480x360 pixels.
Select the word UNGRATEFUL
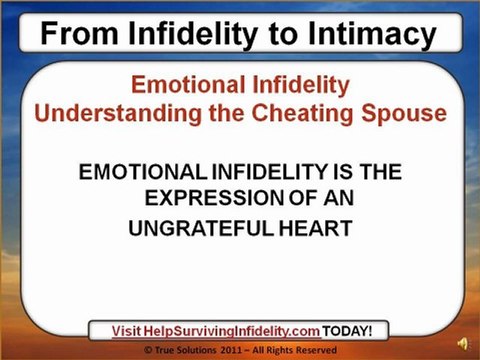(201, 228)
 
